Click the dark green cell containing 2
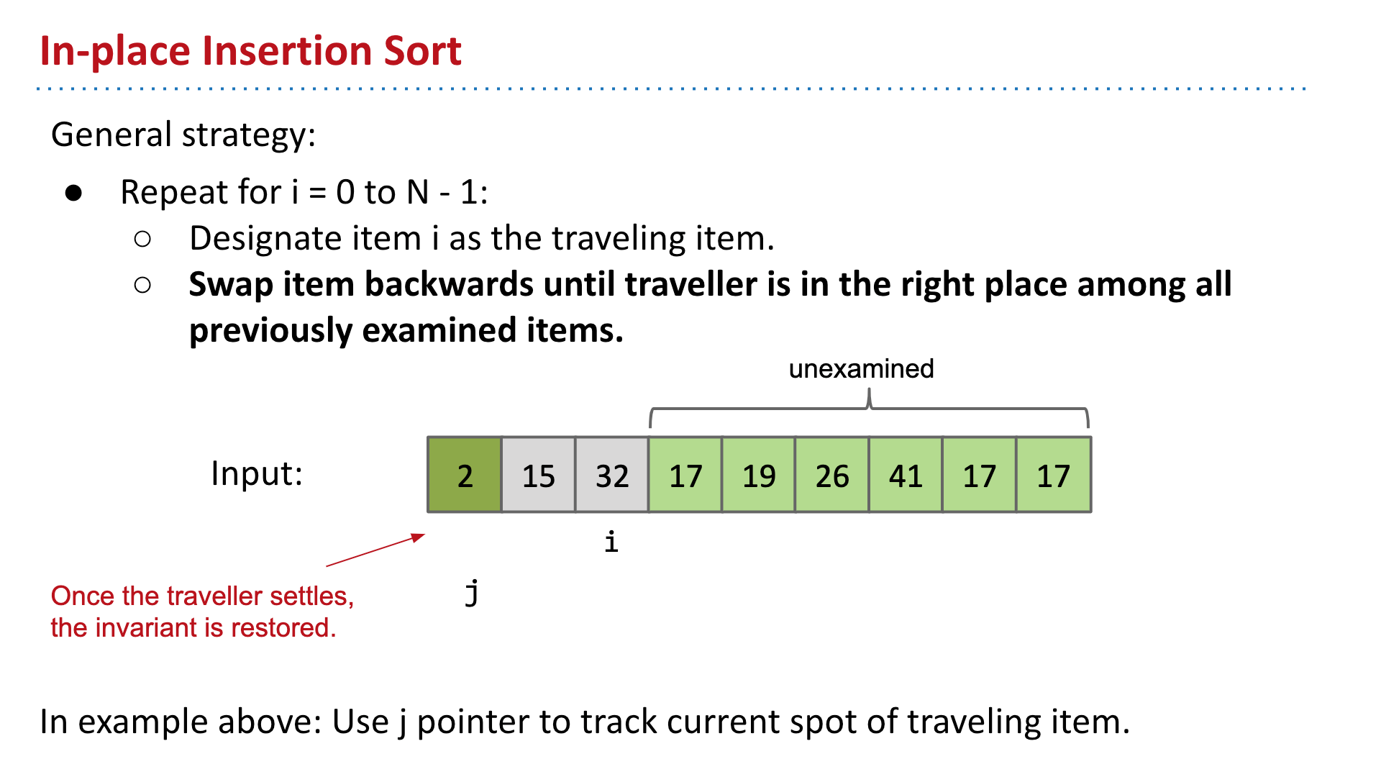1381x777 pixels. [465, 475]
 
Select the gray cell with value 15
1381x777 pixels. [538, 475]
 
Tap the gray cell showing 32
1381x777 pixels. [612, 475]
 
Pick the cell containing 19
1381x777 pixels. [759, 475]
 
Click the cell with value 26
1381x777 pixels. [832, 475]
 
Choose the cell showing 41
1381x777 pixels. [906, 475]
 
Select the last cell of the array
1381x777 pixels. [1054, 475]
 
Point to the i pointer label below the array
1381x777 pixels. [611, 541]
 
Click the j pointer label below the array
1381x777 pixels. [472, 593]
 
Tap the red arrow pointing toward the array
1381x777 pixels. [375, 550]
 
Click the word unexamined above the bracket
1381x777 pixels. [861, 368]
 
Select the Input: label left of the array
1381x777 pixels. [257, 473]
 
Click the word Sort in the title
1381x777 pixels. [422, 51]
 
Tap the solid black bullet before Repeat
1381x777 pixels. [73, 193]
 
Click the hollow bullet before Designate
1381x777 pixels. [142, 239]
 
